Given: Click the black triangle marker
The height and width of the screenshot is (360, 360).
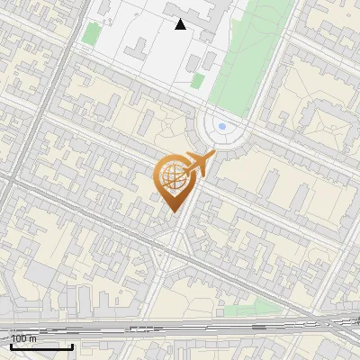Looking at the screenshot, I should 181,24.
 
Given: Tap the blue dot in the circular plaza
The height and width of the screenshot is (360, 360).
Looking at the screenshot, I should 222,126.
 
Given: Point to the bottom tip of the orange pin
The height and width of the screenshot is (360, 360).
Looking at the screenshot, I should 173,211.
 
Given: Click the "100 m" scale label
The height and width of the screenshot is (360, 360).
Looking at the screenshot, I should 24,338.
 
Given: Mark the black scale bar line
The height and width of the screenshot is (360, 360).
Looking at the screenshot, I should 41,346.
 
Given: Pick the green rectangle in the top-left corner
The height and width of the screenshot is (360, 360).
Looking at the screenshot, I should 92,33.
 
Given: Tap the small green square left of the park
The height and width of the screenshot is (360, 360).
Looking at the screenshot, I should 197,81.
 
